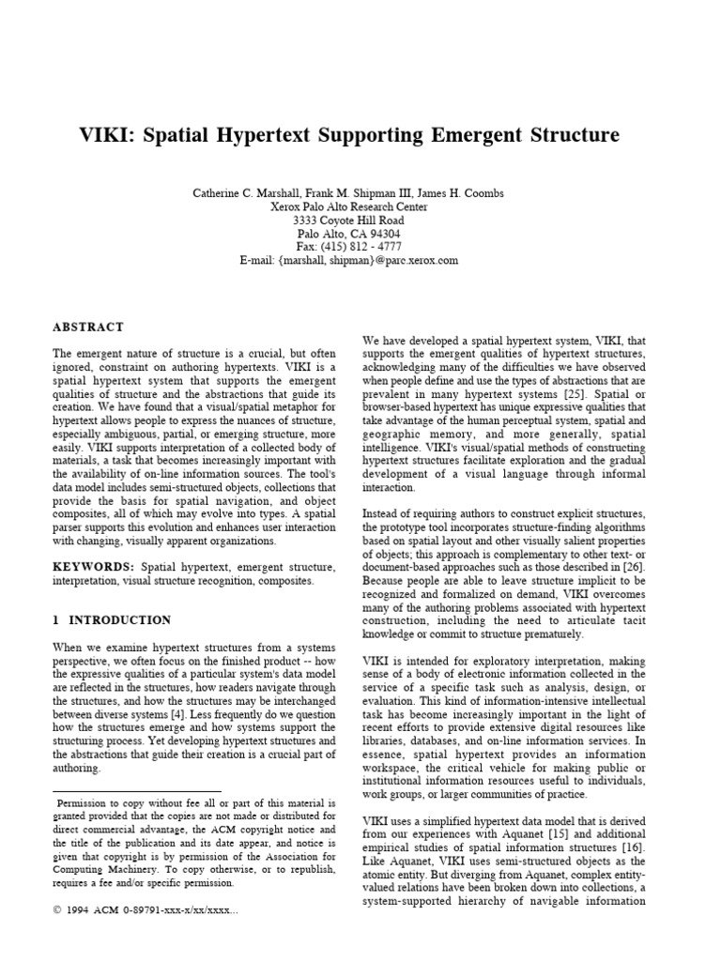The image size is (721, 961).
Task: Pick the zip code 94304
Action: click(x=382, y=234)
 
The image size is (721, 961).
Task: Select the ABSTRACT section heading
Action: click(x=88, y=327)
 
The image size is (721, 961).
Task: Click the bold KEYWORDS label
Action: click(x=93, y=568)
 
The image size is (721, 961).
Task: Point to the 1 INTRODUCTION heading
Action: click(x=113, y=620)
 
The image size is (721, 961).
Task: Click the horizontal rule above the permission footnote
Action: click(x=137, y=792)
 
